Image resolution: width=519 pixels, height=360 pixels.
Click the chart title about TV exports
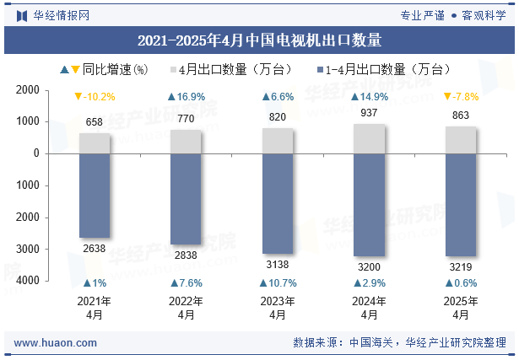click(259, 40)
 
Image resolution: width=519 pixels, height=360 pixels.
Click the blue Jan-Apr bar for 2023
click(278, 202)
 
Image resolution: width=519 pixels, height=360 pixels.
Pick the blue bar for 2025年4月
click(461, 204)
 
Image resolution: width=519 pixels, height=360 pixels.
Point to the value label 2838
click(186, 255)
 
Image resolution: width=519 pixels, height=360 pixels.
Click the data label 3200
click(369, 266)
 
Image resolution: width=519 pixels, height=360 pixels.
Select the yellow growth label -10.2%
click(95, 97)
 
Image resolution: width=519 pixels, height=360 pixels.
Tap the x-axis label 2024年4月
click(369, 308)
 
